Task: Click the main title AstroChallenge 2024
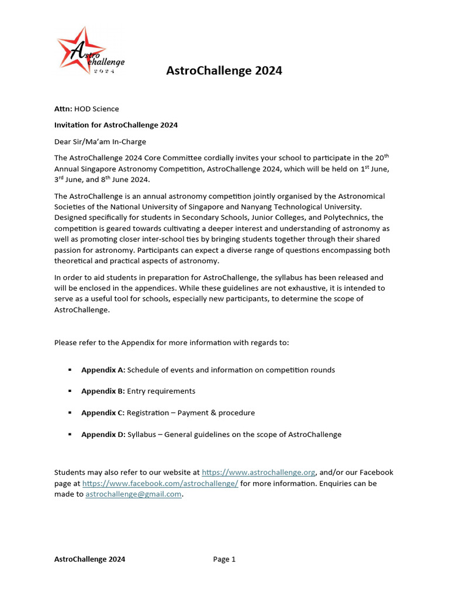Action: [224, 71]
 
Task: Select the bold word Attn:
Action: [63, 109]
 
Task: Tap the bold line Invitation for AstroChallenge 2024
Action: [116, 125]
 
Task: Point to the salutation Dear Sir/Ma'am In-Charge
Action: [100, 142]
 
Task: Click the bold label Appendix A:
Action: [103, 370]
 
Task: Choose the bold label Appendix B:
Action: [103, 391]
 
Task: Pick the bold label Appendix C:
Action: [103, 413]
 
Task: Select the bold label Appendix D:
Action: [103, 435]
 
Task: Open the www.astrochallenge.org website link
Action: [258, 473]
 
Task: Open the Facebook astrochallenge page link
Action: [160, 484]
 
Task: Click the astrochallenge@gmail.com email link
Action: [133, 495]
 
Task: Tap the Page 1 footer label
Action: [224, 559]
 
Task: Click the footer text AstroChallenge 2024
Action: [89, 559]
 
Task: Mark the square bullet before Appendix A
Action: [70, 370]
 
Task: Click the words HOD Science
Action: [96, 109]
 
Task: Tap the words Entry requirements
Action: [161, 391]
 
